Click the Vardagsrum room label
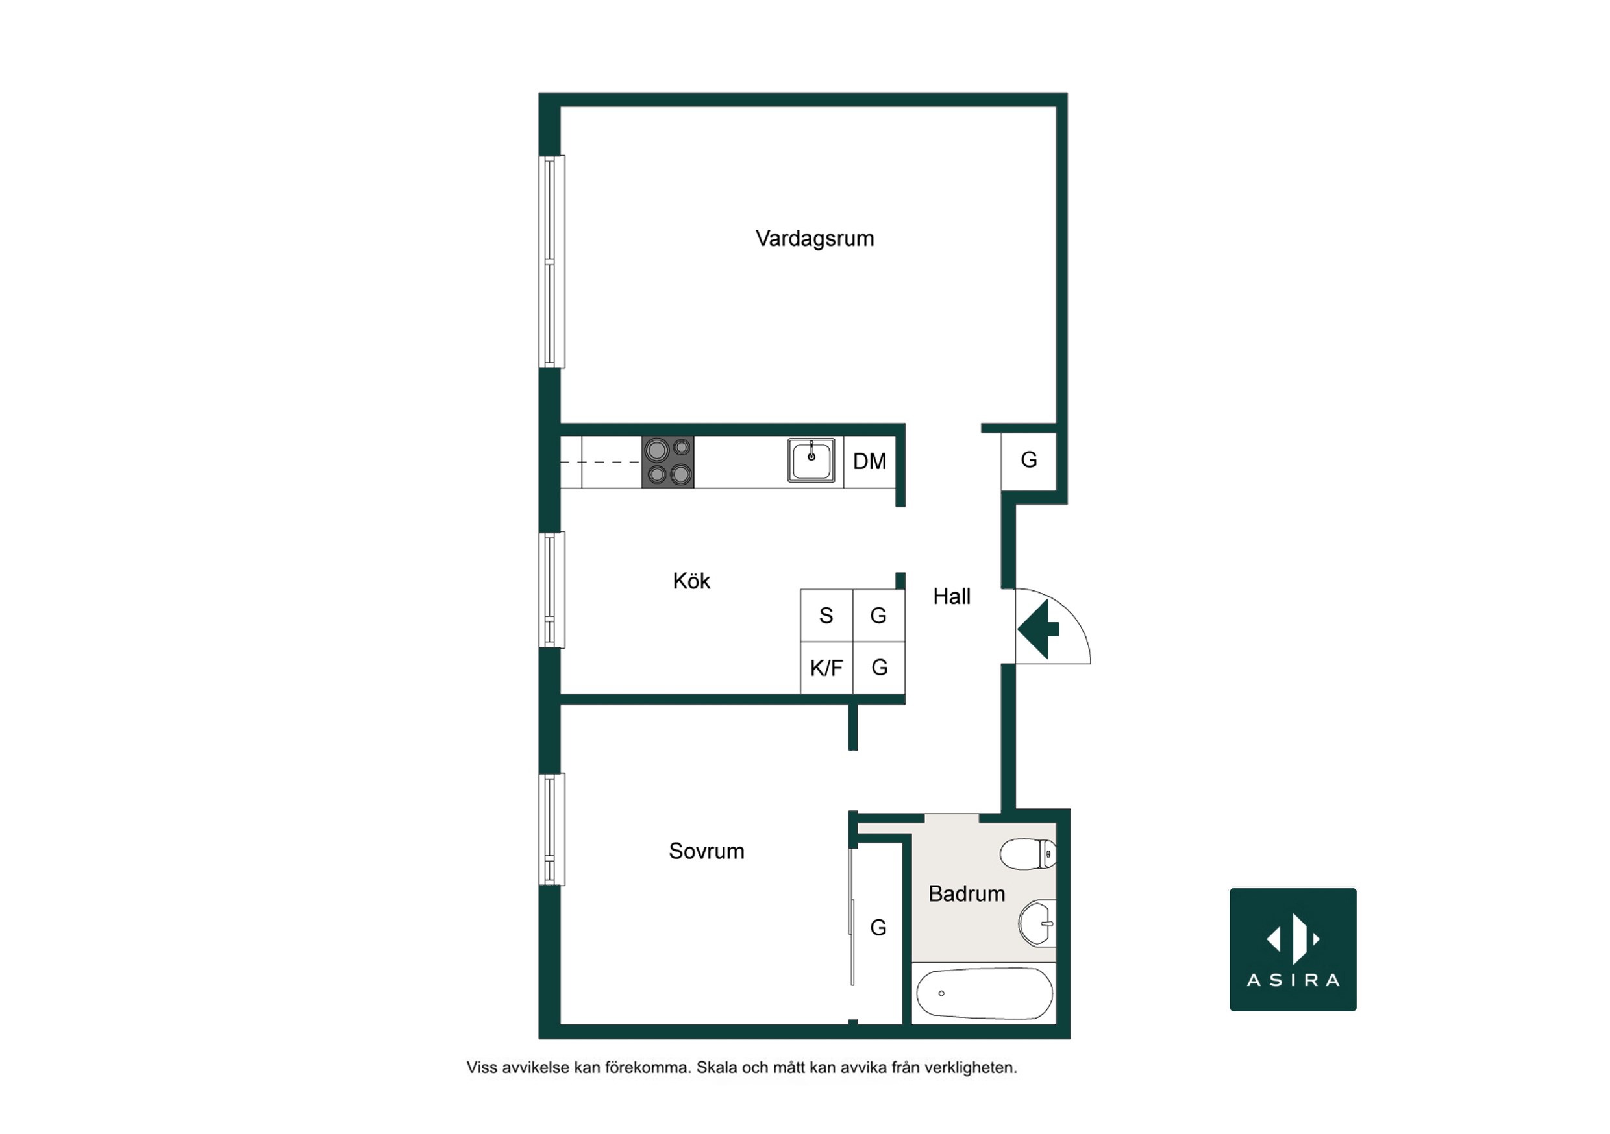814,239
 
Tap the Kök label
691,581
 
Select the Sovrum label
706,851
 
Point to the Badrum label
966,893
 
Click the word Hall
952,596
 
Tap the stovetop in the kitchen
667,462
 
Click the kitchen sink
811,461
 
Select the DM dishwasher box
869,462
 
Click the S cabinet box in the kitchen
826,616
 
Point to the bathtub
985,993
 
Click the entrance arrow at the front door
1039,629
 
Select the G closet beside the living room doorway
1029,461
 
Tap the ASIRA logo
1293,950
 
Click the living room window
552,261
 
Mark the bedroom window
552,829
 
